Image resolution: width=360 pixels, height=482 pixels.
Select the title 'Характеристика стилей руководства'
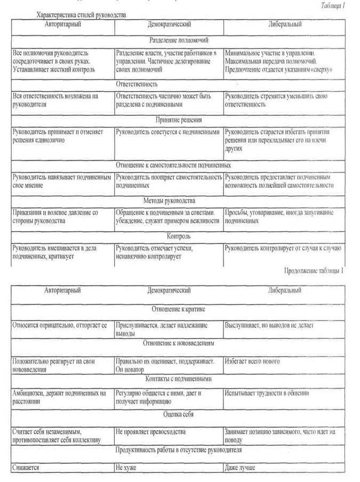pyautogui.click(x=81, y=15)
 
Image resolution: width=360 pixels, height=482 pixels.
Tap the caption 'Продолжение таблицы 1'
pyautogui.click(x=314, y=271)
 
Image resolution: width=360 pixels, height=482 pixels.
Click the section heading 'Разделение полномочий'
pyautogui.click(x=179, y=39)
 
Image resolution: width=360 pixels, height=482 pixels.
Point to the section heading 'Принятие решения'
pyautogui.click(x=179, y=120)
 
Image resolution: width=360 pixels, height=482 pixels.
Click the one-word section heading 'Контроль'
pyautogui.click(x=179, y=236)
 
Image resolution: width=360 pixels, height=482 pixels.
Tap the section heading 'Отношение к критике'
pyautogui.click(x=179, y=309)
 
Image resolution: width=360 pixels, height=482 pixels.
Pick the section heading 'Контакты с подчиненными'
pyautogui.click(x=179, y=378)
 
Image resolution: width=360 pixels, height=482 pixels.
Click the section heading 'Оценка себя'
pyautogui.click(x=179, y=414)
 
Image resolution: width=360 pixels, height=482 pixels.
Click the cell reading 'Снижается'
pyautogui.click(x=26, y=468)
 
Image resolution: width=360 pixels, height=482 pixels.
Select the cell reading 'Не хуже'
pyautogui.click(x=126, y=468)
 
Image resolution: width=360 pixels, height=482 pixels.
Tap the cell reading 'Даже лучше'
pyautogui.click(x=241, y=468)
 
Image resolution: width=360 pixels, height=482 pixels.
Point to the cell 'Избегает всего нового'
pyautogui.click(x=252, y=361)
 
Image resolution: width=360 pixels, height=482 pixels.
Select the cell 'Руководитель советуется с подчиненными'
pyautogui.click(x=167, y=131)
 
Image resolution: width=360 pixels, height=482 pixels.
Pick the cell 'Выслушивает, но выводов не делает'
pyautogui.click(x=269, y=325)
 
